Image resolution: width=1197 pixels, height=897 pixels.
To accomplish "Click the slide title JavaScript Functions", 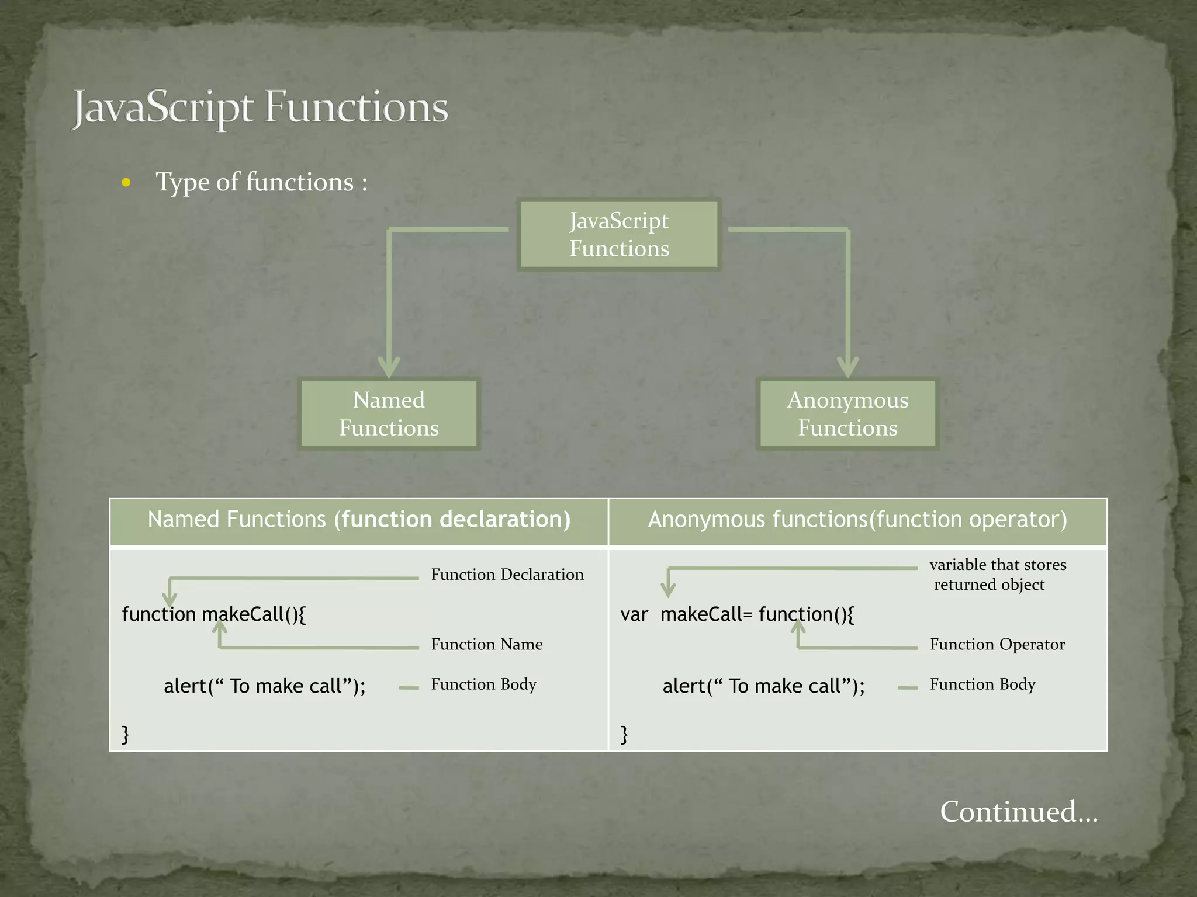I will click(x=260, y=108).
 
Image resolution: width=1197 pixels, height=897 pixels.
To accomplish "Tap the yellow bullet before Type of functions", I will click(x=126, y=183).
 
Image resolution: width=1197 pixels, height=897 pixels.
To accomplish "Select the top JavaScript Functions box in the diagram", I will click(x=619, y=235).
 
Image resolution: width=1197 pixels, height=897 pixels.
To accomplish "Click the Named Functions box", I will click(x=389, y=414).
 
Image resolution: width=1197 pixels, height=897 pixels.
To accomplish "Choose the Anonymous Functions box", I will click(x=847, y=414).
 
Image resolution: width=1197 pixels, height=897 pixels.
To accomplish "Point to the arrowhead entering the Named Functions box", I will click(x=389, y=368).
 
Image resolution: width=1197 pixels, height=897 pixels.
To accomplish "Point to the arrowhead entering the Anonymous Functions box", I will click(x=847, y=368).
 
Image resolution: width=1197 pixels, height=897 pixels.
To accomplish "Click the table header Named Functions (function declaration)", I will click(x=359, y=520).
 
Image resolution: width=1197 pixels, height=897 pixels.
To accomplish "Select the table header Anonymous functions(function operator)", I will click(x=857, y=520).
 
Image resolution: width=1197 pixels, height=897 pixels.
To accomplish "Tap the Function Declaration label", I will click(x=507, y=575).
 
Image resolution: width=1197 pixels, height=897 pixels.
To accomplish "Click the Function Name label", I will click(x=487, y=644).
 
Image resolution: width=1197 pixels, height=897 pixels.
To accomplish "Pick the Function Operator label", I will click(x=997, y=644).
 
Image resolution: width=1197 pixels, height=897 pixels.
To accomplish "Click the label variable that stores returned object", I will click(x=997, y=575).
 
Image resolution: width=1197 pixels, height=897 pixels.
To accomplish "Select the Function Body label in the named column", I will click(x=483, y=684).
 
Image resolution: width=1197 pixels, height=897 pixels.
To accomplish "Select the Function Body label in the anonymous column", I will click(x=982, y=684).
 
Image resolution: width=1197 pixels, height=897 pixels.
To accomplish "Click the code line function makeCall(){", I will click(x=213, y=614).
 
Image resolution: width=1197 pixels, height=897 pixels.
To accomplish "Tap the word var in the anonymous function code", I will click(x=634, y=615).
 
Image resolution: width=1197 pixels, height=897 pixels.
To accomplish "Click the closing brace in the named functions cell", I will click(x=125, y=734).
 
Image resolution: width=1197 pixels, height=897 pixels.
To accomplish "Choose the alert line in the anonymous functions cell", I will click(x=763, y=686).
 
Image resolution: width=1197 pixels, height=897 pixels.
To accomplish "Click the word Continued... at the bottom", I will click(x=1019, y=812).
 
